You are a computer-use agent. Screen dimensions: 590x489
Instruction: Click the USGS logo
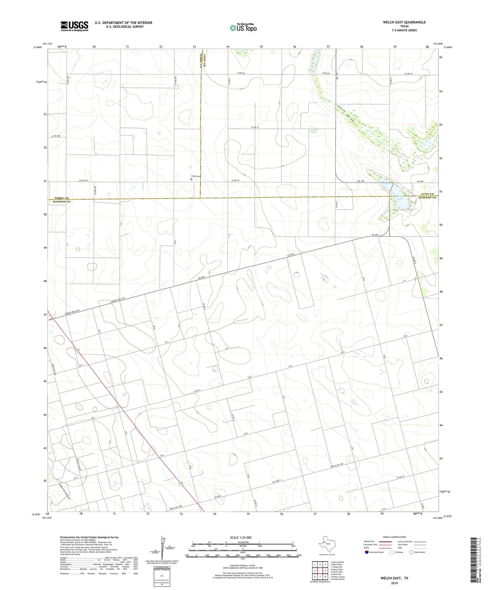click(x=74, y=26)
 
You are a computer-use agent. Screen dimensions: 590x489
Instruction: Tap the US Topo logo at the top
click(x=243, y=27)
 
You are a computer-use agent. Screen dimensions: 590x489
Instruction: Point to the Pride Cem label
click(x=196, y=176)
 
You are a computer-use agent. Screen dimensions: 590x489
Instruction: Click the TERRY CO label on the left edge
click(x=62, y=198)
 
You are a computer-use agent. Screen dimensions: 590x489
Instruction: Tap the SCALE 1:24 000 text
click(x=241, y=537)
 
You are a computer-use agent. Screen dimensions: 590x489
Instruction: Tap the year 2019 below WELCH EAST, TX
click(x=394, y=583)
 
